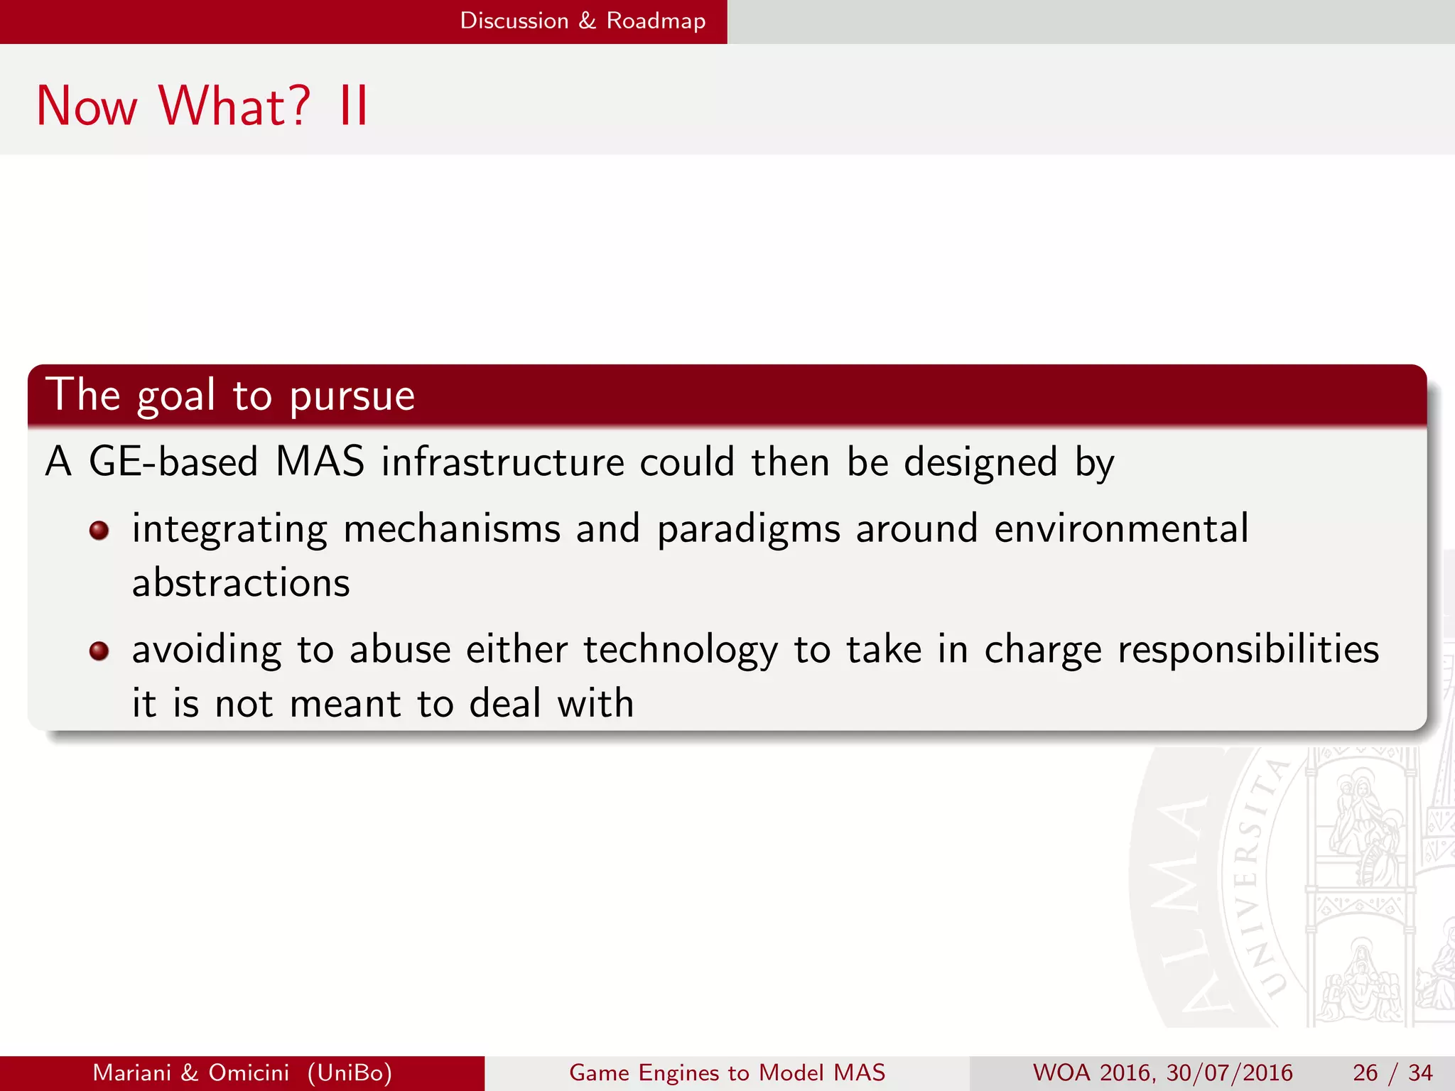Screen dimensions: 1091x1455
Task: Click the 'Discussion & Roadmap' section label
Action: pos(583,21)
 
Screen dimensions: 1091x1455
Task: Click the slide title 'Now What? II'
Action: pos(202,107)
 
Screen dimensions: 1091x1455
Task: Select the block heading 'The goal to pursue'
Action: pos(230,395)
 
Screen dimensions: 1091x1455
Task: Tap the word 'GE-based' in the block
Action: pos(173,462)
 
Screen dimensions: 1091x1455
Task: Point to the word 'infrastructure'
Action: pos(502,462)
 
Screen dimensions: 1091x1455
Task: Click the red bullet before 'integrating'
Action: pos(99,531)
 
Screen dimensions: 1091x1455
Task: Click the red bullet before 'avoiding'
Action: pos(99,651)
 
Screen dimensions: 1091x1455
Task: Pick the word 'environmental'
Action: pos(1120,528)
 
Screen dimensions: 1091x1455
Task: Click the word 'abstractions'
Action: pos(241,583)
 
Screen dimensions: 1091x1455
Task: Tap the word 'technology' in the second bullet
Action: pos(680,651)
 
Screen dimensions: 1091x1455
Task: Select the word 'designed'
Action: pos(980,462)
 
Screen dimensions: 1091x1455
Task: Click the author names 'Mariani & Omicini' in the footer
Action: pos(191,1073)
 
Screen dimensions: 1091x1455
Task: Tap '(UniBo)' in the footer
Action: pos(350,1073)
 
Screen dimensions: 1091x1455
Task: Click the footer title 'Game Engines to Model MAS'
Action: pos(727,1073)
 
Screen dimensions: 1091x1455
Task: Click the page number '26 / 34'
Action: pos(1392,1073)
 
